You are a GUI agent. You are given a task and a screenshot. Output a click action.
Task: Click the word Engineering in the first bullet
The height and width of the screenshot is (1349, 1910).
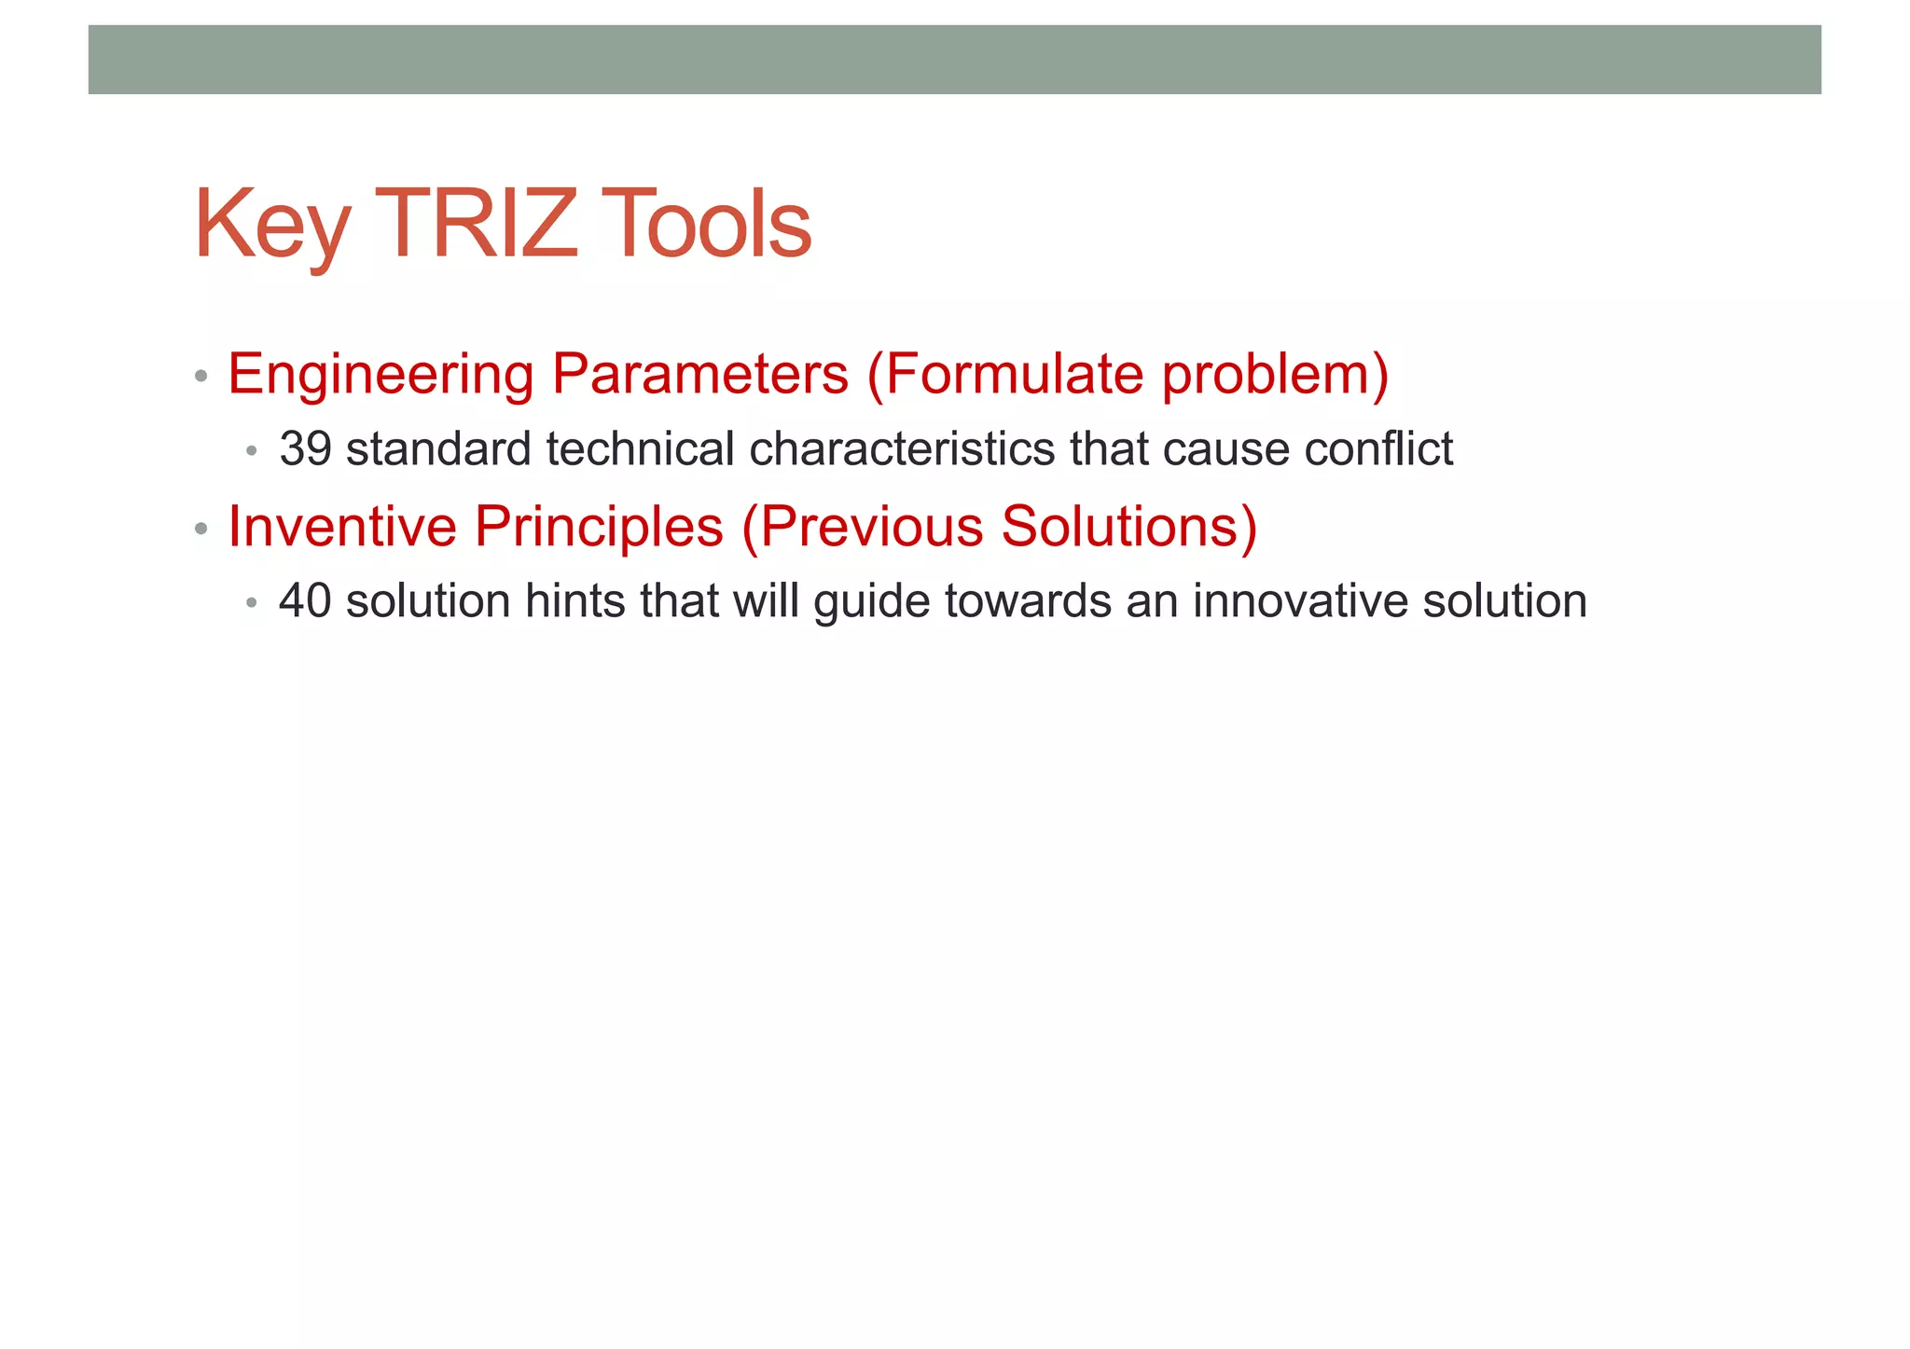pos(381,375)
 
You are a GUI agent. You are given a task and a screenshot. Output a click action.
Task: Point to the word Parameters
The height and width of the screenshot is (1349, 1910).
pos(699,375)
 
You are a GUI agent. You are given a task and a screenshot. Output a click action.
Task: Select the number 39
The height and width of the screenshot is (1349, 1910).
pos(305,449)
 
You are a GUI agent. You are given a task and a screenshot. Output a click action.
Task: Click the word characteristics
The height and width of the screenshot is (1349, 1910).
pos(902,449)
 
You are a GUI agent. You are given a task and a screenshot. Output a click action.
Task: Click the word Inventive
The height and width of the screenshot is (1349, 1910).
pos(342,527)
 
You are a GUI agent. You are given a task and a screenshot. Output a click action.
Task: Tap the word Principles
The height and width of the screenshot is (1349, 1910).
pos(599,527)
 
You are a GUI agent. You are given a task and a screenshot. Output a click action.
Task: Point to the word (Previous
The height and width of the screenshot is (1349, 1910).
pos(863,527)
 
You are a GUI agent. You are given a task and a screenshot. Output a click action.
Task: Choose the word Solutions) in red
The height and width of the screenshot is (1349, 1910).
pos(1129,527)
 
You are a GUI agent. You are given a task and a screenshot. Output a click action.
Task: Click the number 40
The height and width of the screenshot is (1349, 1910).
pos(305,601)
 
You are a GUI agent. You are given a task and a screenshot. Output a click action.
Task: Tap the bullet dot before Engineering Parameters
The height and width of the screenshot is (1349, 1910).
pos(201,377)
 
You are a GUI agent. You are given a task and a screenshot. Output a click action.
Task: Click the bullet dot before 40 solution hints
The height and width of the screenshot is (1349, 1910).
pos(251,604)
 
